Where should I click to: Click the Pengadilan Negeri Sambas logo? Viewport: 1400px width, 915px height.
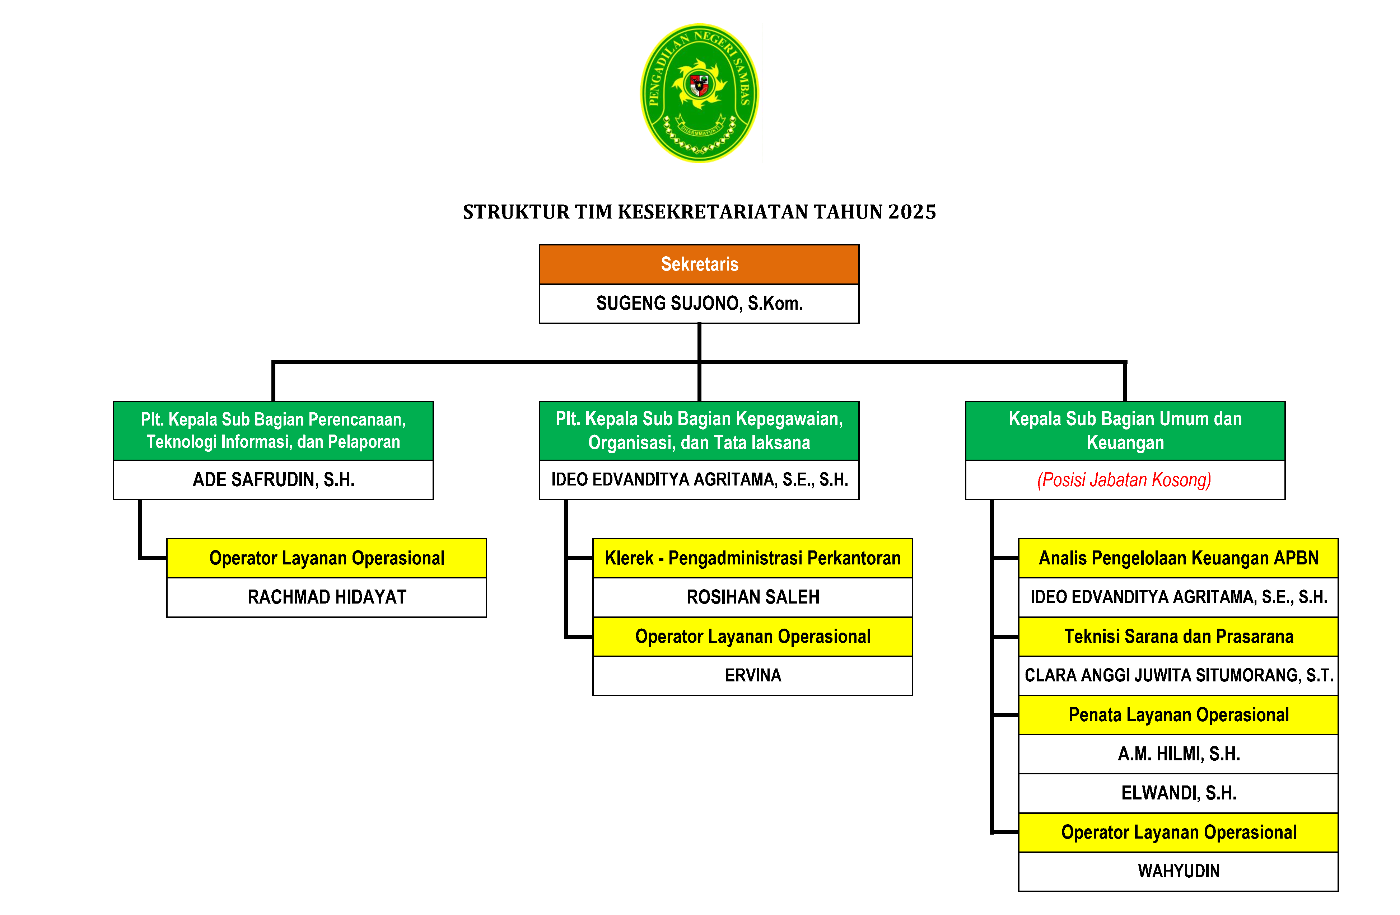699,93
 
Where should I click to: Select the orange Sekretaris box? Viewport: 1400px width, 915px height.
699,264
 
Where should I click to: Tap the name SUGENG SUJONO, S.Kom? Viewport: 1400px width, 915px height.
699,304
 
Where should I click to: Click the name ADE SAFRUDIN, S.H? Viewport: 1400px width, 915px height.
274,480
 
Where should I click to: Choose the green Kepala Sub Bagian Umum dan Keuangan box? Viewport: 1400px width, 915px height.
1125,431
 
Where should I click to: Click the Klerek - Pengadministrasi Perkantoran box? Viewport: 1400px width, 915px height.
752,558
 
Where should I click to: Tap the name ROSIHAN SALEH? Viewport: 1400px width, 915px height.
752,597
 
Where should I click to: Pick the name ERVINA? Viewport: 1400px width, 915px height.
752,675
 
